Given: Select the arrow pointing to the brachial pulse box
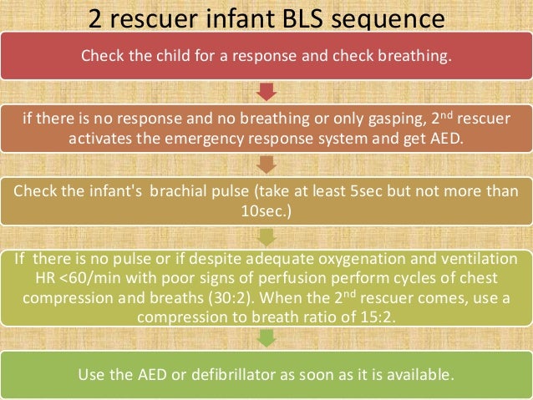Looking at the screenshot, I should pos(266,162).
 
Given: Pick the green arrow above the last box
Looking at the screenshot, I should pos(266,338).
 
